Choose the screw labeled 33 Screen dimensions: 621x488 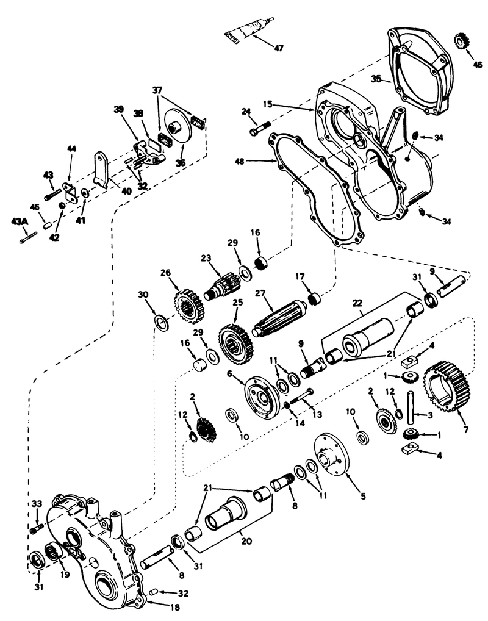36,526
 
